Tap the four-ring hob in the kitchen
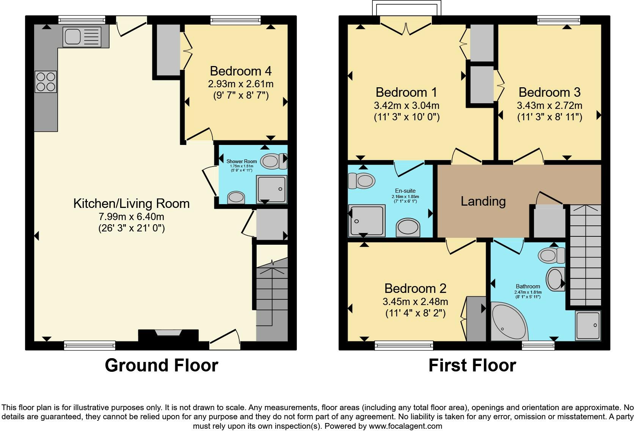coord(46,82)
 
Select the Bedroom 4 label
coord(240,71)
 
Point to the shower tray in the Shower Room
coord(271,189)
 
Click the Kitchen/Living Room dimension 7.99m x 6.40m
coord(131,217)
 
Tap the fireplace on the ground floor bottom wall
coord(168,334)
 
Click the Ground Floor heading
coord(161,365)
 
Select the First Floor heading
coord(472,365)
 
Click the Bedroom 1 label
coord(406,92)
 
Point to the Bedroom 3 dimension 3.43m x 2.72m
coord(549,105)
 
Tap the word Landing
coord(483,201)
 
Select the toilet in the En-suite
coord(362,181)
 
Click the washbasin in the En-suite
coord(408,228)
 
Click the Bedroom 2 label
coord(415,288)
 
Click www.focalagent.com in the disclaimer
coord(405,426)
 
